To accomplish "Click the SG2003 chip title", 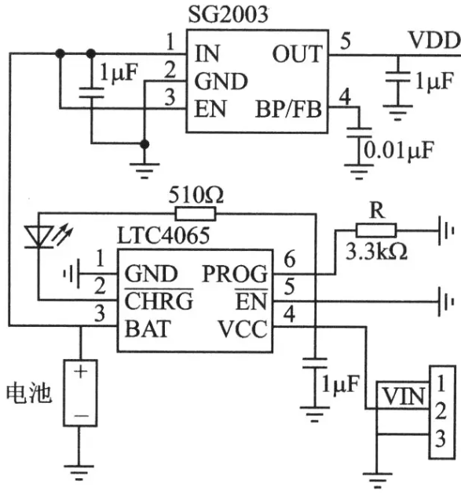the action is (228, 14).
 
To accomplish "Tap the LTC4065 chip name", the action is (163, 235).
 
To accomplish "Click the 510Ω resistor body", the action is (196, 214).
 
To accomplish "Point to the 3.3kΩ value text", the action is (376, 252).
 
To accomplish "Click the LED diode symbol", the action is (39, 236).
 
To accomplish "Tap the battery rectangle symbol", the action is (80, 393).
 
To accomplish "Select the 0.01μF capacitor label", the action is (399, 151).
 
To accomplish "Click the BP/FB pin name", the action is (288, 109).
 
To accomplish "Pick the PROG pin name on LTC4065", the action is (235, 274).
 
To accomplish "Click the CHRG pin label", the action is (159, 300).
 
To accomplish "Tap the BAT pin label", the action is (148, 329).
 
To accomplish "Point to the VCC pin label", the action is (243, 329).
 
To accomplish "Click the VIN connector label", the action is (404, 397).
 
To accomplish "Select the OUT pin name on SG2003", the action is (297, 53).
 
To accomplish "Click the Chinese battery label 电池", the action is (29, 394).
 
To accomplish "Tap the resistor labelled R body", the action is (376, 231).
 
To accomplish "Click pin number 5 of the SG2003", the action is (346, 42).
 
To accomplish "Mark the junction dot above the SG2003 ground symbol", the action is (145, 144).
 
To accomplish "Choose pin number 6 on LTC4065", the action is (290, 260).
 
